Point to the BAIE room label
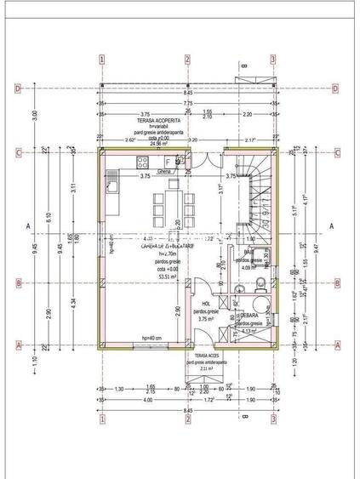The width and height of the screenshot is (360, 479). coord(249,253)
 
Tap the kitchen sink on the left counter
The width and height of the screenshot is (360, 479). coord(111,180)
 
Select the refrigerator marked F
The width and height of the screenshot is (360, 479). coord(178,161)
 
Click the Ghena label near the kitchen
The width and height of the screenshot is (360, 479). coord(164,171)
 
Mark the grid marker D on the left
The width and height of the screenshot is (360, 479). coord(17,88)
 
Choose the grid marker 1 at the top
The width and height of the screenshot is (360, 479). coord(101,60)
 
